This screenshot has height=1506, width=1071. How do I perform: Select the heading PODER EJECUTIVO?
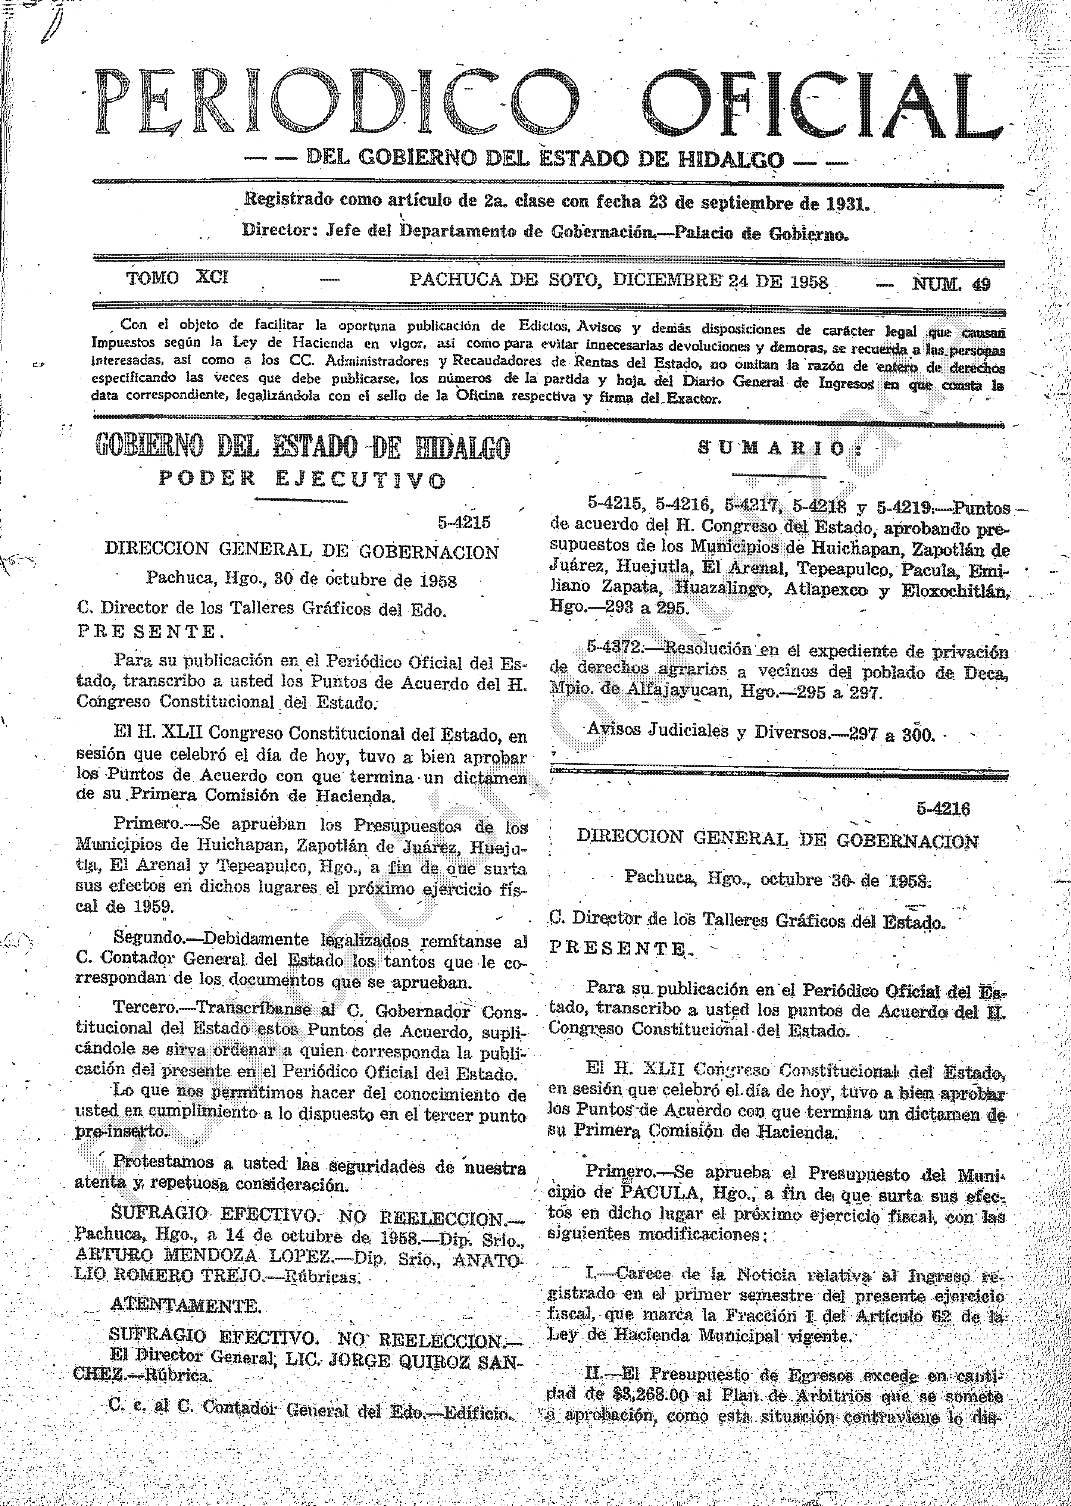coord(302,479)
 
